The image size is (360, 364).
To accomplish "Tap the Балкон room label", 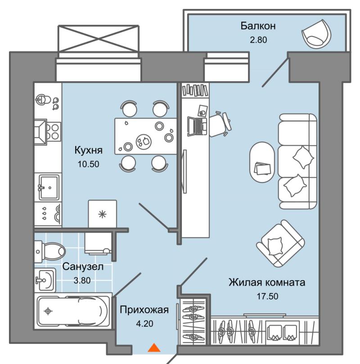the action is point(258,26).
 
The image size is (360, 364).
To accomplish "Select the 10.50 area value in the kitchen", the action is point(88,164).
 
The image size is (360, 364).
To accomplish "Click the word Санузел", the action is point(83,266).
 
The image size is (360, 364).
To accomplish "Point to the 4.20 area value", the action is point(144,324).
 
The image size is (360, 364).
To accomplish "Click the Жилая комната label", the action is point(267,283).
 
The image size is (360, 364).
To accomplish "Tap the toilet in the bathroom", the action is point(50,251).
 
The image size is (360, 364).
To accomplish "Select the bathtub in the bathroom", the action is point(72,311).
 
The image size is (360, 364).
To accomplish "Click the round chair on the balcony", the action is point(316,34).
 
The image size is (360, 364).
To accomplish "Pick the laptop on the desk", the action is point(197,126).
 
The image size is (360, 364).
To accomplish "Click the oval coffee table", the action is point(262,162).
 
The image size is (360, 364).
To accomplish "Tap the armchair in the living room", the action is point(280,244).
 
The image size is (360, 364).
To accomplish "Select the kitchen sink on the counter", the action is point(49,187).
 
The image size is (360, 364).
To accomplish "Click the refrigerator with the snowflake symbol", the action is point(102,214).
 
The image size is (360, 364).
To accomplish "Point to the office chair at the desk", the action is point(220,124).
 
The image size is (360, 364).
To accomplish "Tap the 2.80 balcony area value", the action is point(258,40).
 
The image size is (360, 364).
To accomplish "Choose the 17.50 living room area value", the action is point(267,296).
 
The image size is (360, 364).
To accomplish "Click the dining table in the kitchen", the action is point(146,136).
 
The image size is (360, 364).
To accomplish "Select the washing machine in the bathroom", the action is point(98,243).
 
